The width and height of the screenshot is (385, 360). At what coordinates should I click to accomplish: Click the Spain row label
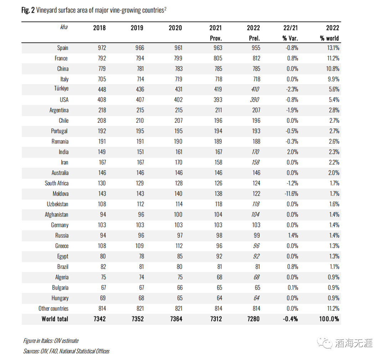pyautogui.click(x=62, y=48)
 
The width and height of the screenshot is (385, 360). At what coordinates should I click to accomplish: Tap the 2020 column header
pyautogui.click(x=175, y=28)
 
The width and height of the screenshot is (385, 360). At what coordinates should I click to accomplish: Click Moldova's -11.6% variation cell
pyautogui.click(x=290, y=194)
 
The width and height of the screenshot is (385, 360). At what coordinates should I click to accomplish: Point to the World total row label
pyautogui.click(x=55, y=319)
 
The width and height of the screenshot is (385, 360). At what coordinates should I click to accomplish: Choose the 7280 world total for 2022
pyautogui.click(x=253, y=319)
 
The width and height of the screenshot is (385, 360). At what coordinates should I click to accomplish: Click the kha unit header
pyautogui.click(x=63, y=27)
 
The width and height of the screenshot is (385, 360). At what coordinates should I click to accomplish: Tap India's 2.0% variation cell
pyautogui.click(x=292, y=152)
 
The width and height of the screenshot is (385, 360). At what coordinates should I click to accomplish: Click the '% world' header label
pyautogui.click(x=329, y=38)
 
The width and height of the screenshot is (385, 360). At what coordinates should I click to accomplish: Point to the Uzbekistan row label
pyautogui.click(x=57, y=204)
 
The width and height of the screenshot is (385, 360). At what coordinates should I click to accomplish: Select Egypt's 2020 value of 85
pyautogui.click(x=179, y=256)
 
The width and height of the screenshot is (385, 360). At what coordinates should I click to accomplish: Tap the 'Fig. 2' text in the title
pyautogui.click(x=28, y=10)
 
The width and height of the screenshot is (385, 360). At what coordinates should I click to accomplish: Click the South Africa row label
pyautogui.click(x=57, y=183)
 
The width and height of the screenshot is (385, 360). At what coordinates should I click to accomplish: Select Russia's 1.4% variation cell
pyautogui.click(x=292, y=235)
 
